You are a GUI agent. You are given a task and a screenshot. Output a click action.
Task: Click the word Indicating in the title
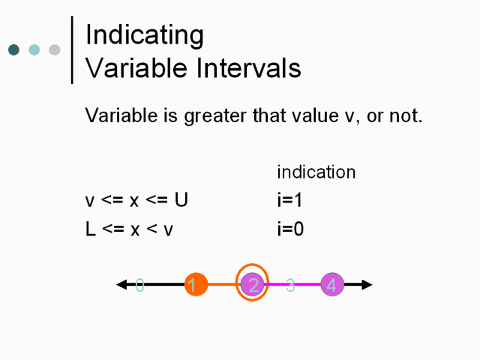[x=145, y=35]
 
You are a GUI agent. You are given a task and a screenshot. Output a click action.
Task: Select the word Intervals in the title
[x=248, y=67]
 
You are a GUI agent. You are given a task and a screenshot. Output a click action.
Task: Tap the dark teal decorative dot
[x=13, y=49]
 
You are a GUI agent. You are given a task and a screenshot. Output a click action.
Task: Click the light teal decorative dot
[x=34, y=49]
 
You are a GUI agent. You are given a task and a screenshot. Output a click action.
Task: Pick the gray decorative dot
[x=55, y=49]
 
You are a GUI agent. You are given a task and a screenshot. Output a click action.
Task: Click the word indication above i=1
[x=316, y=172]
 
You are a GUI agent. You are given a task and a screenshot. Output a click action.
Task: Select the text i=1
[x=289, y=200]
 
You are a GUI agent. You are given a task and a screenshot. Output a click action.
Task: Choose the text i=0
[x=290, y=229]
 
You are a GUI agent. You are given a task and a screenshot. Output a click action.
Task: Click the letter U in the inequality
[x=181, y=200]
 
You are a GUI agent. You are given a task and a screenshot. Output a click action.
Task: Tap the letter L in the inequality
[x=91, y=229]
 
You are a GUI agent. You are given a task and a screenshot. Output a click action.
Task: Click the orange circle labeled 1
[x=196, y=284]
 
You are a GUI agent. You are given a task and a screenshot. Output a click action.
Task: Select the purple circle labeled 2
[x=252, y=285]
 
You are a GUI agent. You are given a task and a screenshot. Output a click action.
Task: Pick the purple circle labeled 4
[x=332, y=285]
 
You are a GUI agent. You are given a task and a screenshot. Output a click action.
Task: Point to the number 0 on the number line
[x=139, y=285]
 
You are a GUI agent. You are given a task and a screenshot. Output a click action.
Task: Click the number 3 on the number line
[x=290, y=285]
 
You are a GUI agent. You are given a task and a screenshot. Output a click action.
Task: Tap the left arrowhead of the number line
[x=121, y=284]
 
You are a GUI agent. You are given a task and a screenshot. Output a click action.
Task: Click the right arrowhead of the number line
[x=367, y=284]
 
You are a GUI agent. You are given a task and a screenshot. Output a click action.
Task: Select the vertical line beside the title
[x=72, y=50]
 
